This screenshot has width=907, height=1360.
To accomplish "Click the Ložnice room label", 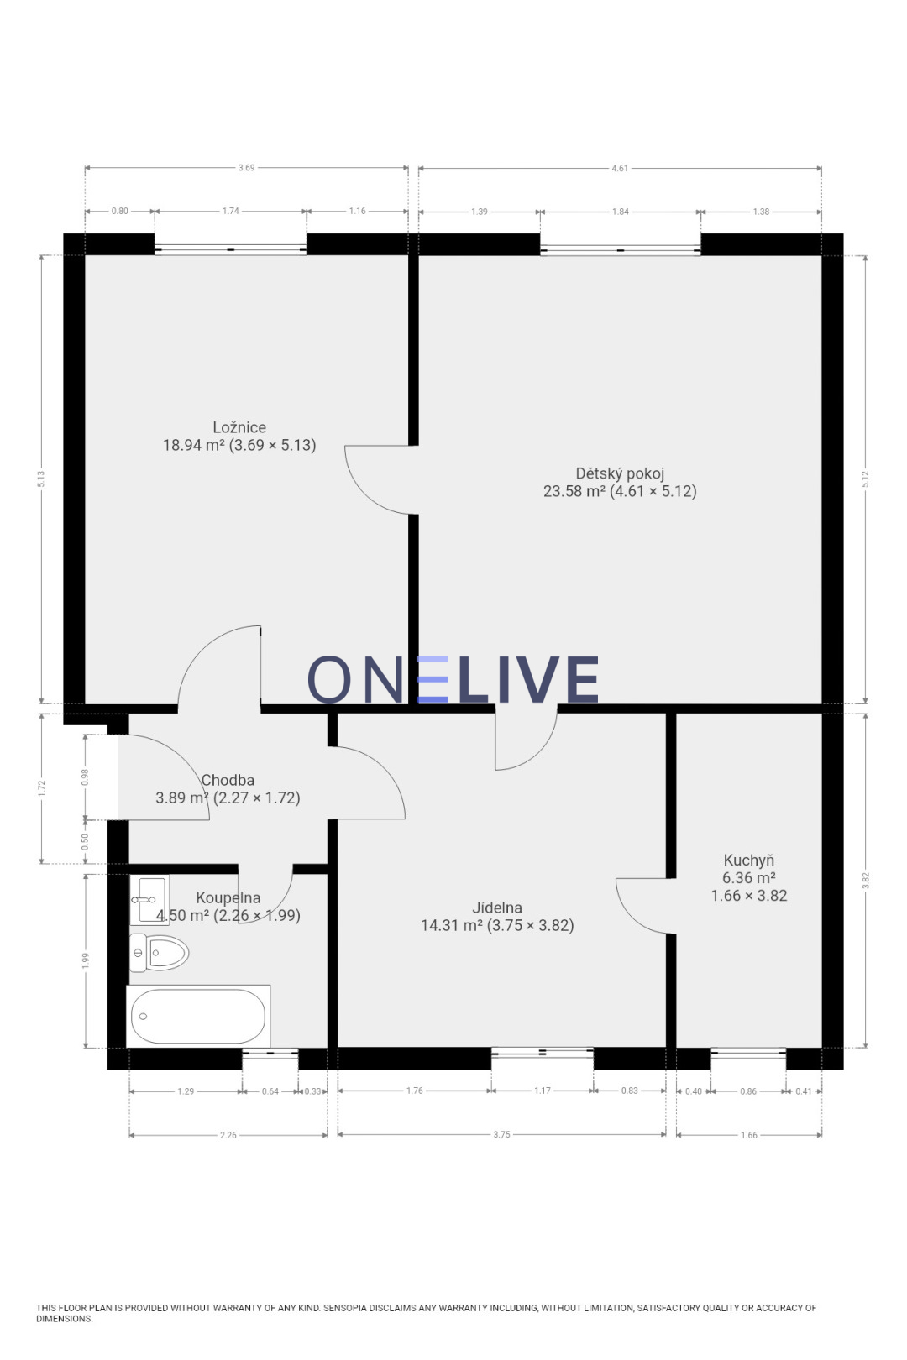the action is point(239,427).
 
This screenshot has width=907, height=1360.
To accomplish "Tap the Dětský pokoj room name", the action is point(620,473).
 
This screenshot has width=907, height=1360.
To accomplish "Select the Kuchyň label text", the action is point(748,860).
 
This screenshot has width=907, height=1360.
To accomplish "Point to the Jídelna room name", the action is point(497,908).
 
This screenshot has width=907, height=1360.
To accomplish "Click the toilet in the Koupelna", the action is point(160,953).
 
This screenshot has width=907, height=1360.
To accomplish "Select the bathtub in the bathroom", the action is point(198,1017).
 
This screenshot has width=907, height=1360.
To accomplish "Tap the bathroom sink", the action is point(149,900).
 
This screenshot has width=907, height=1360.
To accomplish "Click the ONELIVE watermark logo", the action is point(453,679).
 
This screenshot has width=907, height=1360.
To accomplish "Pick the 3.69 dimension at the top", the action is point(246,168).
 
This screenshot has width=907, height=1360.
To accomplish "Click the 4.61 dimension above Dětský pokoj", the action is point(620,168).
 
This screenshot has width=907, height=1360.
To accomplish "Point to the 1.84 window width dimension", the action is point(621,212).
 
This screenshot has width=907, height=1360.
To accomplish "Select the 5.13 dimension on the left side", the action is point(41,479).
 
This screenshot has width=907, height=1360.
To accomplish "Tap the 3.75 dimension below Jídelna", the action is point(502,1134).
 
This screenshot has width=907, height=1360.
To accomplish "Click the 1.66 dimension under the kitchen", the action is point(749,1135).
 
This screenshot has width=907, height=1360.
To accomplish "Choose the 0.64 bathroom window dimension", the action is point(270,1091).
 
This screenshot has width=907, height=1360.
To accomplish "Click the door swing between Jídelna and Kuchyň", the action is point(645,911).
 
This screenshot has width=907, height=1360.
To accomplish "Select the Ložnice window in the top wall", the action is point(230,249).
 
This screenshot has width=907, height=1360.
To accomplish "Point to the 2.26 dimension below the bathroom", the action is point(228,1135).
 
